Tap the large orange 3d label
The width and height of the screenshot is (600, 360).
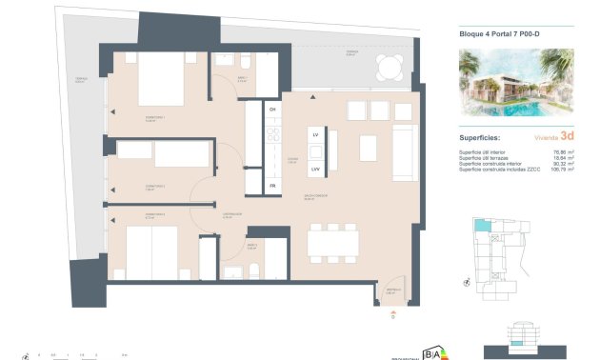(568, 136)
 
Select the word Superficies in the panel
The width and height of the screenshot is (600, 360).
(488, 137)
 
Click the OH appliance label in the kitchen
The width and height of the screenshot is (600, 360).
(272, 110)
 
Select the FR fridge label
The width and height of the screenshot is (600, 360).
(272, 185)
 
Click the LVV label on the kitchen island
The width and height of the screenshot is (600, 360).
(315, 168)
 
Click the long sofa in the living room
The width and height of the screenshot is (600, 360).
(404, 152)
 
